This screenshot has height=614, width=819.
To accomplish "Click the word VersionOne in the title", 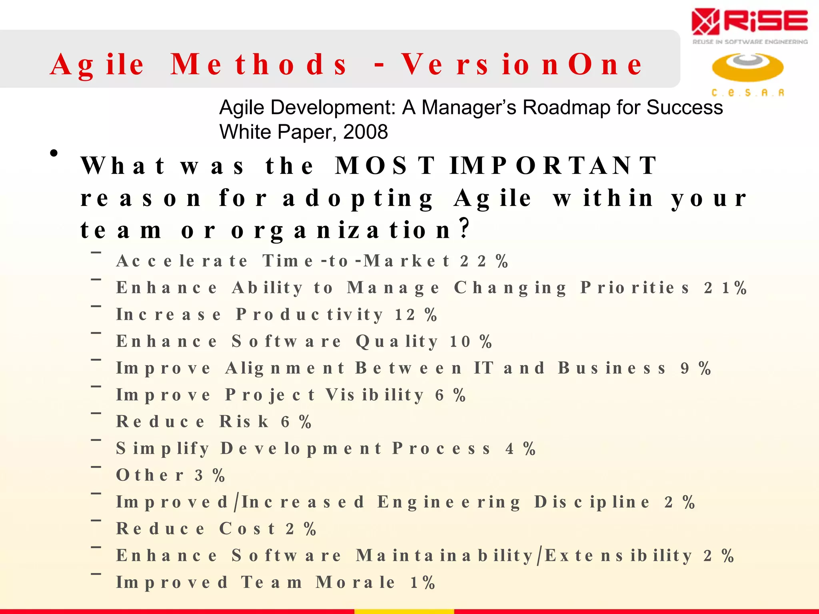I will (x=522, y=64).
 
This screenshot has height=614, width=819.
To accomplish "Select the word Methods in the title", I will (x=259, y=64).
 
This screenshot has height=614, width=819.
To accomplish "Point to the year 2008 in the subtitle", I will (x=366, y=132).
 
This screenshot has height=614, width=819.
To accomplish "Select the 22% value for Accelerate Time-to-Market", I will (x=484, y=261).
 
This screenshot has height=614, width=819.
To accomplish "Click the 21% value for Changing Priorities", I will (x=725, y=288).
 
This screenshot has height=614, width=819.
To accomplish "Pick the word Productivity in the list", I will (x=310, y=315).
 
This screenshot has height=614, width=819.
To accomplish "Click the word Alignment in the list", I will (x=285, y=368).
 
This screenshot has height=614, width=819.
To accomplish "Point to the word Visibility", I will (x=374, y=395).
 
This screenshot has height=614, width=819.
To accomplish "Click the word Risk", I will (x=244, y=422).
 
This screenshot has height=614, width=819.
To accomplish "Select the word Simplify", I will (x=162, y=449).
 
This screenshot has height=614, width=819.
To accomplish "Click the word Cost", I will (x=247, y=529).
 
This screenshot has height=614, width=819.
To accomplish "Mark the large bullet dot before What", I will (x=54, y=153).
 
